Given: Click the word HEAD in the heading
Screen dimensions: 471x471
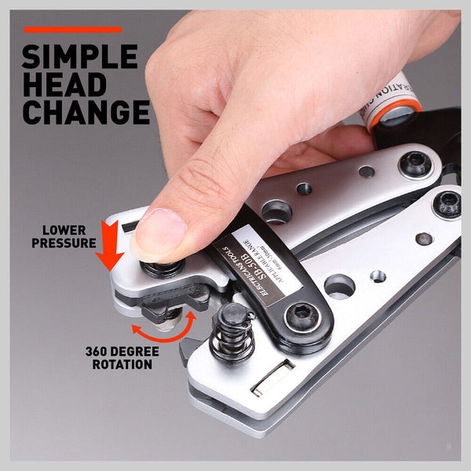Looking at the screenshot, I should click(62, 84).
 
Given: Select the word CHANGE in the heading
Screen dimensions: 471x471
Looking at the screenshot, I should click(86, 112).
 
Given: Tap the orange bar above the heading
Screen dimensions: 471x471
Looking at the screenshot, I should click(73, 30).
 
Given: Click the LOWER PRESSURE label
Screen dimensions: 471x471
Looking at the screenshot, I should click(64, 237).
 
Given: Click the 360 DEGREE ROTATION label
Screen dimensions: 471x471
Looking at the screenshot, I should click(119, 358).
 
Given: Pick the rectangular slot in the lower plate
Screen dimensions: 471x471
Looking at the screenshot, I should click(272, 378).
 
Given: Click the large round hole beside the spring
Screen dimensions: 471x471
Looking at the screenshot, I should click(338, 287).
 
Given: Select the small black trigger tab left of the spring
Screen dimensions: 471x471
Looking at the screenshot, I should click(187, 351).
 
